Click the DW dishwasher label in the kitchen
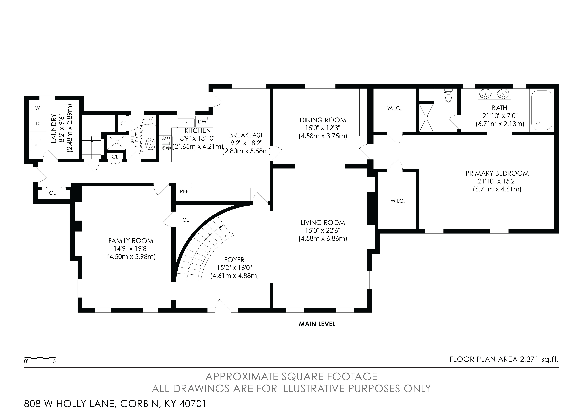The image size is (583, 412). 202,122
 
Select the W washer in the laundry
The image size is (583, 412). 38,108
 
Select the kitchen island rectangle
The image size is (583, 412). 207,158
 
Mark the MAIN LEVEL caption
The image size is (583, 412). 317,324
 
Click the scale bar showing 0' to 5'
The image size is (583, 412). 40,358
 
